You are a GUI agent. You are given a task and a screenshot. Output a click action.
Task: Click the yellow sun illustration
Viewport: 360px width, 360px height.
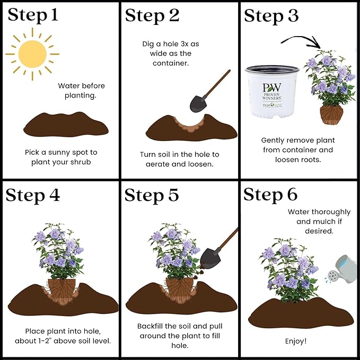(x=32, y=54)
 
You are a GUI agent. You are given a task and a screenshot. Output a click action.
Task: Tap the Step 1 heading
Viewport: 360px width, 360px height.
(x=33, y=15)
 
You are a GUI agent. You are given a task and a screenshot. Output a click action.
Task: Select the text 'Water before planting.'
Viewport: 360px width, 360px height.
(x=81, y=91)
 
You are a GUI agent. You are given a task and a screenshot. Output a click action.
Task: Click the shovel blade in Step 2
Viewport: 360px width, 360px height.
(x=198, y=104)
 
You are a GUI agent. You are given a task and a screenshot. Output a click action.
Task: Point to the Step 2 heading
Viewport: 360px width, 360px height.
(x=152, y=16)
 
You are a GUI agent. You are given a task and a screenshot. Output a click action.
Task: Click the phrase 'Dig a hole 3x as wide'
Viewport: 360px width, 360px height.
(x=170, y=49)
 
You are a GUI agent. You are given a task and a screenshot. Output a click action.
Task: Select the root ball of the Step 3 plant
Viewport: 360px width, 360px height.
(x=331, y=115)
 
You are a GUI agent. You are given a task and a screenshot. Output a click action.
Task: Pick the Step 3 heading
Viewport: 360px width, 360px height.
(x=271, y=16)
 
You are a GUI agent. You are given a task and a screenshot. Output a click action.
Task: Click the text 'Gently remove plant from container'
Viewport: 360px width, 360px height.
(x=298, y=145)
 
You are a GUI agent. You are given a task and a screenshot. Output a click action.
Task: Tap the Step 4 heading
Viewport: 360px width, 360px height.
(x=32, y=196)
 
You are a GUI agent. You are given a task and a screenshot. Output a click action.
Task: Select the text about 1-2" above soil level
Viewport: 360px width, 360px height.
(x=63, y=341)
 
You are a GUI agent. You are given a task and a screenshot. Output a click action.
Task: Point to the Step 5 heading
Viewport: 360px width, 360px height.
(x=152, y=196)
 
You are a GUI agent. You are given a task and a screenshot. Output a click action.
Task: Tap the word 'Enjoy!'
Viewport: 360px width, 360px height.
(x=296, y=341)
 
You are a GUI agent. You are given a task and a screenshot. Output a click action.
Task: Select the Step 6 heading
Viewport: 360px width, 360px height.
(x=270, y=195)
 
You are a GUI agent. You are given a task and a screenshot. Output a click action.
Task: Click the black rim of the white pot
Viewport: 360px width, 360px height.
(x=272, y=69)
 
